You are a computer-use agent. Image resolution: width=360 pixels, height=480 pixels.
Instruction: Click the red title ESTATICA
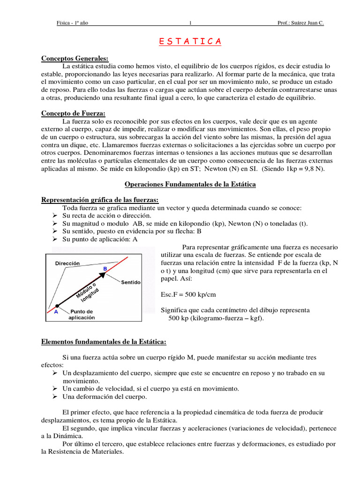point(187,42)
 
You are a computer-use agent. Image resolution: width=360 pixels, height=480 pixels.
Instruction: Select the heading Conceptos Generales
point(75,59)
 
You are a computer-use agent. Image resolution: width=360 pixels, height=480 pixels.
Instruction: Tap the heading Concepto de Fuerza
point(73,113)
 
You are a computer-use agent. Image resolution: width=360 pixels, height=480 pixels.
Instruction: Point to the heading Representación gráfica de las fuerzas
point(99,200)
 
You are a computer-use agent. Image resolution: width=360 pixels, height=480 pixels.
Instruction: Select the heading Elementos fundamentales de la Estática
point(104,342)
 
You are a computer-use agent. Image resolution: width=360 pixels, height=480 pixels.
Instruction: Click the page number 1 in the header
point(190,23)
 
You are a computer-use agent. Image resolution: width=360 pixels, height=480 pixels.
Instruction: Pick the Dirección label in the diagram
point(67,264)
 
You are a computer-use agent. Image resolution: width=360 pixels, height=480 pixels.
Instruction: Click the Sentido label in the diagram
point(131,283)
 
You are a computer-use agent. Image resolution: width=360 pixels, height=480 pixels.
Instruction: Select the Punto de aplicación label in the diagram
point(82,315)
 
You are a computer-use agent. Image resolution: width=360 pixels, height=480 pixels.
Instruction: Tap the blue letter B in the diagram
point(105,268)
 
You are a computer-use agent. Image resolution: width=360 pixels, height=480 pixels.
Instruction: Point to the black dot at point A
point(57,306)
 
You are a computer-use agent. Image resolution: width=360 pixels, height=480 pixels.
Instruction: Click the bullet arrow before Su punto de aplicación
point(53,239)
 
